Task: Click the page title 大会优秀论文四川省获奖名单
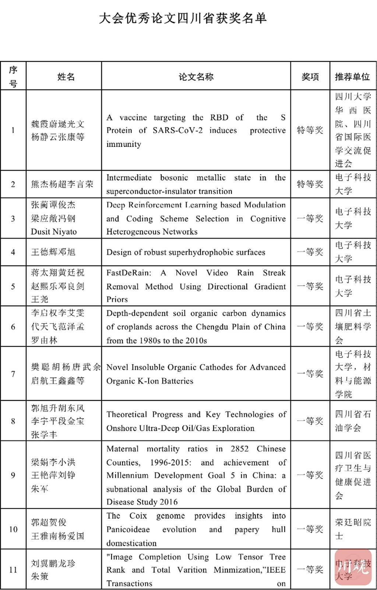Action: click(x=183, y=18)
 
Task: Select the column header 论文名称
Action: click(x=196, y=77)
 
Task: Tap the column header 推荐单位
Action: click(x=352, y=77)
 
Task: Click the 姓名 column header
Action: click(x=66, y=77)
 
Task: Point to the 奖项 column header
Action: click(x=310, y=77)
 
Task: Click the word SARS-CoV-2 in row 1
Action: click(x=177, y=131)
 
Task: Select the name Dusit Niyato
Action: click(x=54, y=232)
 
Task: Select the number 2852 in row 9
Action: click(x=240, y=449)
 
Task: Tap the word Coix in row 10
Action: click(x=138, y=516)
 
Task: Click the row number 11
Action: click(x=13, y=570)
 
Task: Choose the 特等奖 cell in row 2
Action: click(x=310, y=184)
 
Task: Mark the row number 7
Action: click(x=13, y=374)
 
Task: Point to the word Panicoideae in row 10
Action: click(x=128, y=530)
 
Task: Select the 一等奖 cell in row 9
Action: click(x=310, y=475)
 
